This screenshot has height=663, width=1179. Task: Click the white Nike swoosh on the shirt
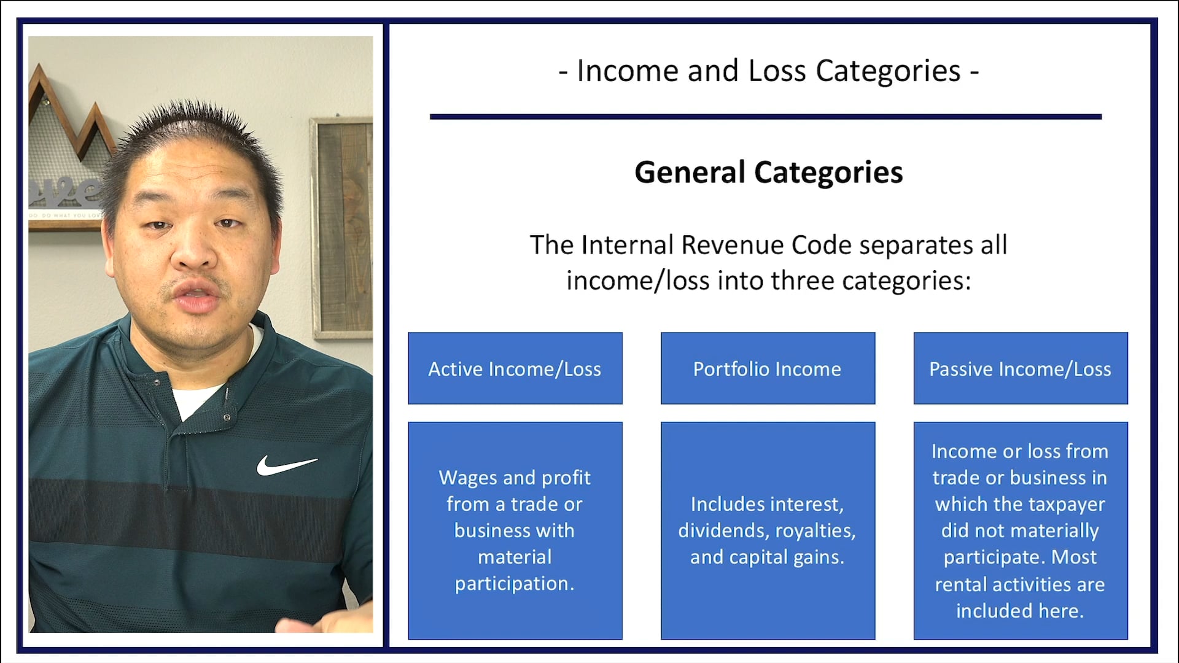286,465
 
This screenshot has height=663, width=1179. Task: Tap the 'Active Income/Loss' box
515,368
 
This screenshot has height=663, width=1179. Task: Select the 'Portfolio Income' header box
768,368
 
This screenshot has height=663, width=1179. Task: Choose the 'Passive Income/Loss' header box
1020,368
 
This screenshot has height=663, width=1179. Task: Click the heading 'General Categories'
768,173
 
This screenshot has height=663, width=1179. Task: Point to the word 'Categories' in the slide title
888,71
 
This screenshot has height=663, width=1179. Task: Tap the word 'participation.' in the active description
515,584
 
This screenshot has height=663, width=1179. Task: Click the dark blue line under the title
765,117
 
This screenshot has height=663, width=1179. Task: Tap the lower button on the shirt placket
227,417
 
